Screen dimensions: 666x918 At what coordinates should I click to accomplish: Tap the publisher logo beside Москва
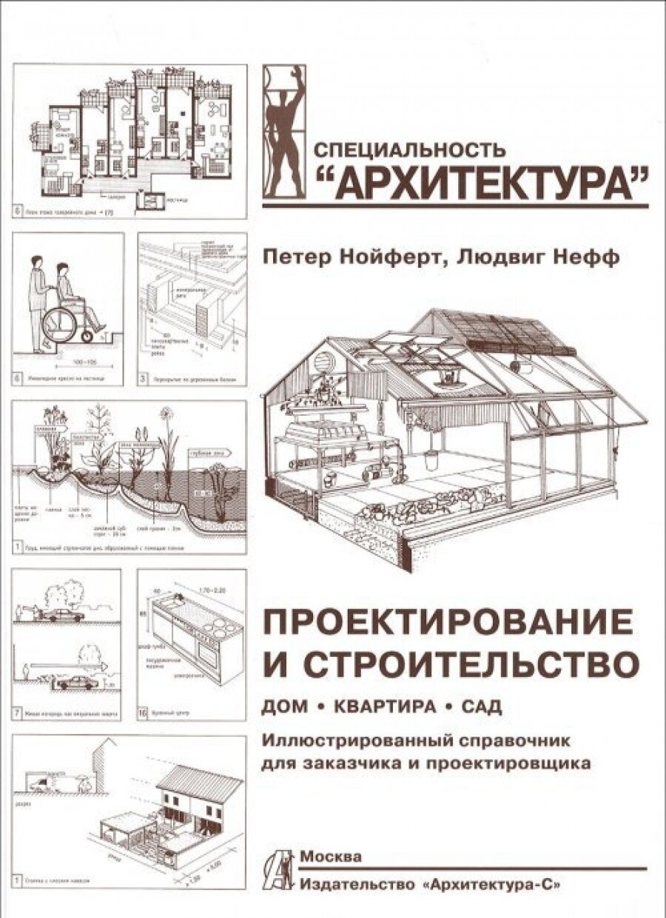tap(280, 868)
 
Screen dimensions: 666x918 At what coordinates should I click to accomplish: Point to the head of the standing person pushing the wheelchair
tap(35, 264)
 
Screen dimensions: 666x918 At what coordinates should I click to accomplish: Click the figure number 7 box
tap(17, 715)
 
